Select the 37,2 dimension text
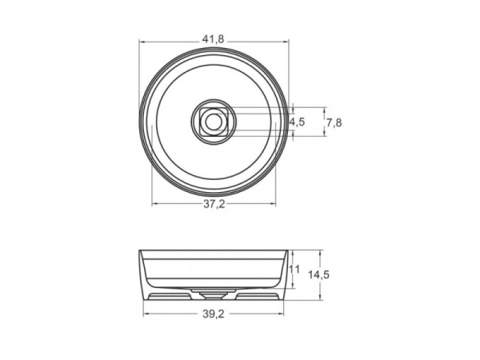(x=212, y=206)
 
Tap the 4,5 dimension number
(x=297, y=122)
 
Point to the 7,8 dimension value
(x=334, y=122)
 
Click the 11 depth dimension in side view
(x=294, y=270)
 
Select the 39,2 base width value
(x=212, y=314)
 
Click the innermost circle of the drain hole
(x=213, y=122)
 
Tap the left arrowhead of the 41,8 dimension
(x=142, y=41)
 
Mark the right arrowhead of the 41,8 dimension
(x=285, y=41)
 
